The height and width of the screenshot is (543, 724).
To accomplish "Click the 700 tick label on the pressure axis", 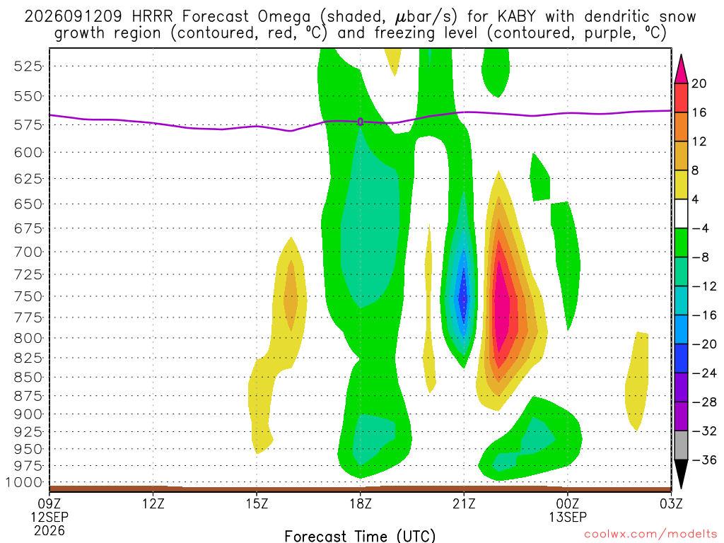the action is (x=28, y=252).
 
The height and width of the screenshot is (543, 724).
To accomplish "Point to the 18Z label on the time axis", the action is (x=361, y=503).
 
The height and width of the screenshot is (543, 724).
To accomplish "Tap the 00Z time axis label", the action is (x=568, y=503).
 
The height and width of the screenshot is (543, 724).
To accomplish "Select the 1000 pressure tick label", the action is (x=24, y=482).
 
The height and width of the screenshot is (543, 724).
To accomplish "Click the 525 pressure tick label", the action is (x=28, y=66).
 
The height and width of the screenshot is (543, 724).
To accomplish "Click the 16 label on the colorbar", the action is (x=699, y=112).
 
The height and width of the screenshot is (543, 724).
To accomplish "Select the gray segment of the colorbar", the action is (x=681, y=445).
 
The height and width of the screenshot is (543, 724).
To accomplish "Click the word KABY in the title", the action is (x=517, y=17).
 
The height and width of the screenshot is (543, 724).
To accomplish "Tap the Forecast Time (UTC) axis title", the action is (x=360, y=536).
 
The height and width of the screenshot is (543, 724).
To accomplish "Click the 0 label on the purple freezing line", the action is (x=360, y=122).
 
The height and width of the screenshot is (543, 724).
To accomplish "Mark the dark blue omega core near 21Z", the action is (x=464, y=298).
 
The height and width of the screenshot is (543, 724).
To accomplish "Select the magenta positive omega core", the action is (x=501, y=305).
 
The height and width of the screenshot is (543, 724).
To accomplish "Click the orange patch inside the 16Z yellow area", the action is (x=291, y=296).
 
